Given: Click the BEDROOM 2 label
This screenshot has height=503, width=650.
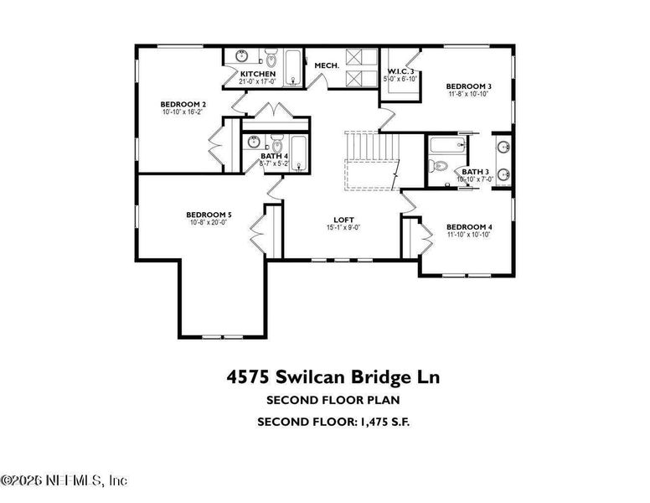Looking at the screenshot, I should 183,105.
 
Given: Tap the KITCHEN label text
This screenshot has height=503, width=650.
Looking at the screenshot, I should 257,74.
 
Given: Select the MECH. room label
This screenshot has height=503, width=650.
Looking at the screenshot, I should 326,65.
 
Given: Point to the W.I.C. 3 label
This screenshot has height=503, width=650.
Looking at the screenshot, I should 400,72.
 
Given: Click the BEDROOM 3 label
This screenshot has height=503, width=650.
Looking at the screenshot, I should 468,86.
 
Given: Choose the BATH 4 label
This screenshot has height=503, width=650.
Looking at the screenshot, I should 274,156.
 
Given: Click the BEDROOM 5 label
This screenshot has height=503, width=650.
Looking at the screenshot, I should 209,215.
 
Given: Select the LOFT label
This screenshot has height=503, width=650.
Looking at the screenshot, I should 343,219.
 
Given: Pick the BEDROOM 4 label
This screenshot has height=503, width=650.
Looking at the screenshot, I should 468,227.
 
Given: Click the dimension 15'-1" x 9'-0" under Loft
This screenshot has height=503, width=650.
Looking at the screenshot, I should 343,228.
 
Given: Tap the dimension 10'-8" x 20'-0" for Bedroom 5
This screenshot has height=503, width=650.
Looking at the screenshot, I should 209,223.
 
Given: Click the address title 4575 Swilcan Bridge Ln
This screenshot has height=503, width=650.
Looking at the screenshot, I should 332,377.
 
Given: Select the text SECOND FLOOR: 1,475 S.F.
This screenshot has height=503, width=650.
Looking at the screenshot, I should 333,422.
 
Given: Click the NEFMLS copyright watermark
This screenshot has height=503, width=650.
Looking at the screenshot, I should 64,480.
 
